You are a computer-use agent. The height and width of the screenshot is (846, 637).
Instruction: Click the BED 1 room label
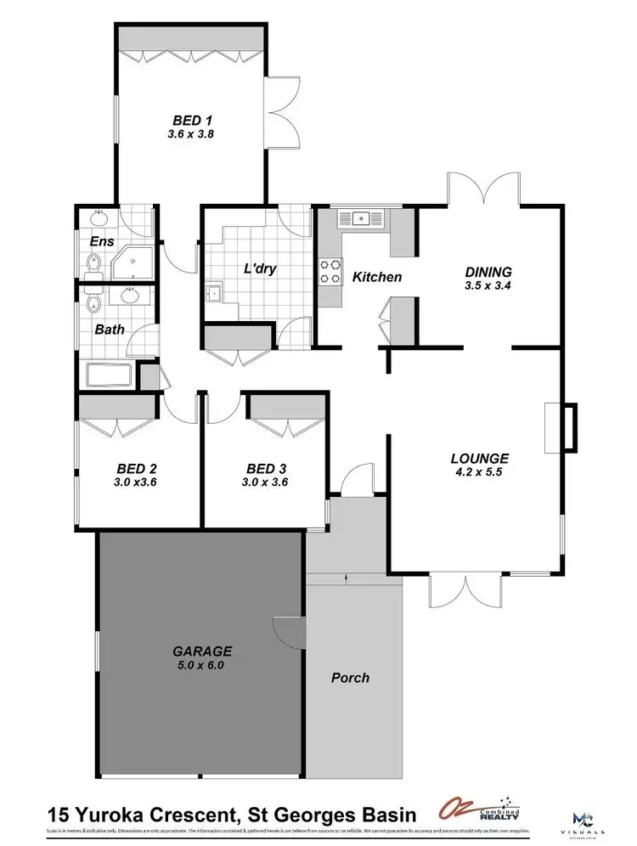[x=189, y=120]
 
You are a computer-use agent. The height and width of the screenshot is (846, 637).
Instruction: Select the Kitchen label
[x=376, y=277]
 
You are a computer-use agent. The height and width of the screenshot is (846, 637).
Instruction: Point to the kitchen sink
[x=361, y=218]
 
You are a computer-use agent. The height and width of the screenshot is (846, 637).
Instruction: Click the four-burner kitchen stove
[x=328, y=271]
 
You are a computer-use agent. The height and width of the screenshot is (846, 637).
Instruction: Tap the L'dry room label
[x=261, y=269]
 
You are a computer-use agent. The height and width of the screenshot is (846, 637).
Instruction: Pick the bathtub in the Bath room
[x=108, y=374]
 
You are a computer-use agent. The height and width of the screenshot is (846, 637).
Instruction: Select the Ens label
[x=101, y=240]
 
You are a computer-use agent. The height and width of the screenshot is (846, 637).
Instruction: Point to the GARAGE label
[x=202, y=651]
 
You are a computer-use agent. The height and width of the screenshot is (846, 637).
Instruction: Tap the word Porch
[x=350, y=677]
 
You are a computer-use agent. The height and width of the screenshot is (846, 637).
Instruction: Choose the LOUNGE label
[x=479, y=459]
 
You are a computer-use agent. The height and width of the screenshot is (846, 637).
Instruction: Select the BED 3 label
[x=266, y=468]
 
